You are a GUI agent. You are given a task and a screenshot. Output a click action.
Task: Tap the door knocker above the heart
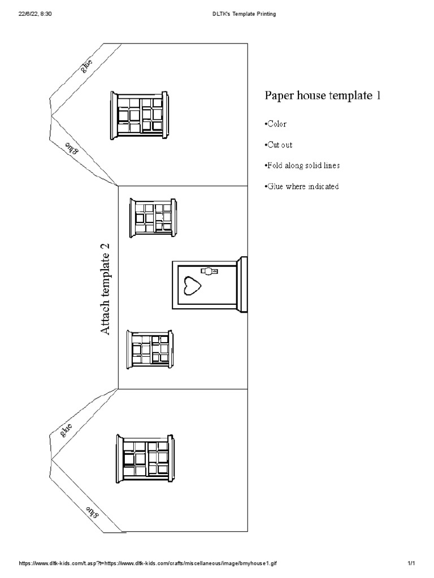210,272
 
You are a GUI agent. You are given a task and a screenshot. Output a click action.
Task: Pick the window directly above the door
153,217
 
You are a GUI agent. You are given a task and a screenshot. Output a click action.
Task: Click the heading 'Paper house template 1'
323,95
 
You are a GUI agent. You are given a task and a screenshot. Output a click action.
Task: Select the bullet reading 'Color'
276,124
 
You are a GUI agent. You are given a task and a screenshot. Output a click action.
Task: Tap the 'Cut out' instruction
278,145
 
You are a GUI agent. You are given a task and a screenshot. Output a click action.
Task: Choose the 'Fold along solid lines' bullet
302,166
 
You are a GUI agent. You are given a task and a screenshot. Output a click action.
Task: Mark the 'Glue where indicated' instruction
302,187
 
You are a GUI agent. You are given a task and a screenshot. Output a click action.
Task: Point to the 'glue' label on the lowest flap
92,512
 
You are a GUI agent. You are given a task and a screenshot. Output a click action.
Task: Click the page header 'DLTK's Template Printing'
240,14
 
